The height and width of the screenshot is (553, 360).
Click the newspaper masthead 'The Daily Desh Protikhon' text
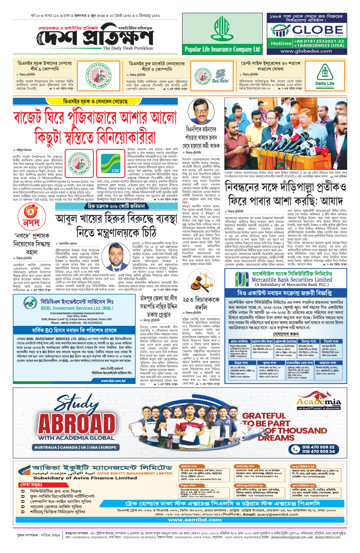coord(127,48)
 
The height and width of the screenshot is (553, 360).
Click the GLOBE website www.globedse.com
coord(306,51)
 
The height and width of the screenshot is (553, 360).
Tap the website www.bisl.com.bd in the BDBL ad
coord(113,381)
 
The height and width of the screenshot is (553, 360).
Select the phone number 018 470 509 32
coord(318,447)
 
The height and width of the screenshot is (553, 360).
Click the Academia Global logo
coord(319,402)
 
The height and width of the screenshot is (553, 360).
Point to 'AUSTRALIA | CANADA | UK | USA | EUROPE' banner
coord(75,447)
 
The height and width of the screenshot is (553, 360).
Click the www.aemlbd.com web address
coord(195,520)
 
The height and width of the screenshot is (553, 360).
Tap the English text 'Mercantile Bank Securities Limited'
coord(292,280)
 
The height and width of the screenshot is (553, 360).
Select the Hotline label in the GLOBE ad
coord(281,44)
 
